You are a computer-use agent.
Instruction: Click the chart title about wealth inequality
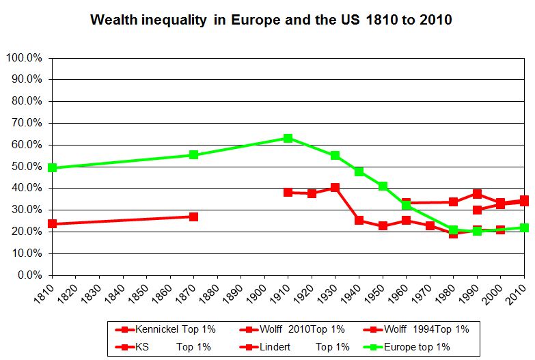[x=271, y=20]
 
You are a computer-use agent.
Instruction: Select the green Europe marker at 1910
[x=288, y=138]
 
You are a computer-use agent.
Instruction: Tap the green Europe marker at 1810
[x=52, y=167]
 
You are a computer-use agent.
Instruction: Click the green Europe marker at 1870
[x=193, y=154]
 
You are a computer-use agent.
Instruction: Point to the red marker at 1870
[x=193, y=217]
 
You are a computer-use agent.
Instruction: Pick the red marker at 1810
[x=52, y=223]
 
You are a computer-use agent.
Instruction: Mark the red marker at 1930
[x=335, y=187]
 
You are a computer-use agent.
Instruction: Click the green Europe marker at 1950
[x=383, y=186]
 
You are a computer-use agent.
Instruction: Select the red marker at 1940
[x=359, y=221]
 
